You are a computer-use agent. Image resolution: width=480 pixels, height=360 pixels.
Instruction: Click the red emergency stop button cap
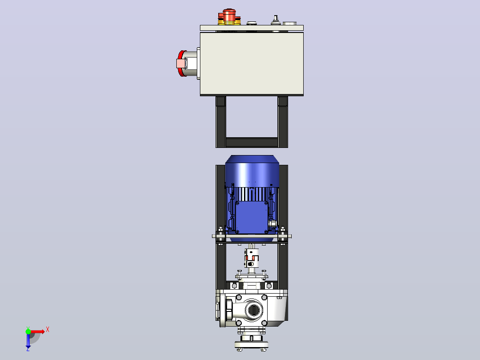coord(229,15)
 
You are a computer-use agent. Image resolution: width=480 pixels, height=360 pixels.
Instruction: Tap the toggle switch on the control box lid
coord(276,20)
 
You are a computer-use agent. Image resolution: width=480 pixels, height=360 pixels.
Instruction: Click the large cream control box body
coord(252,64)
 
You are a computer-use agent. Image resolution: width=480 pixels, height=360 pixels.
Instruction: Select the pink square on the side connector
coord(181,63)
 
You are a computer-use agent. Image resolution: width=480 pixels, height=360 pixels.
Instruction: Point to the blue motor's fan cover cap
coord(252,171)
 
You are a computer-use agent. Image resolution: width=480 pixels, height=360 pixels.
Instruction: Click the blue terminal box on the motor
coord(251,217)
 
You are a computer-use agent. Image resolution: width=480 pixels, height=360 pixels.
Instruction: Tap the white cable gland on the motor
coord(272,224)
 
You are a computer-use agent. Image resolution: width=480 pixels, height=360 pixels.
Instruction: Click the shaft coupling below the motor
coord(251,258)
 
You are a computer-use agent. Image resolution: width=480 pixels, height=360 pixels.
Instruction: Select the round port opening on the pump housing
coord(253,310)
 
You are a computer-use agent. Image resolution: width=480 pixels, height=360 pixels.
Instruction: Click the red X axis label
coord(48,330)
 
